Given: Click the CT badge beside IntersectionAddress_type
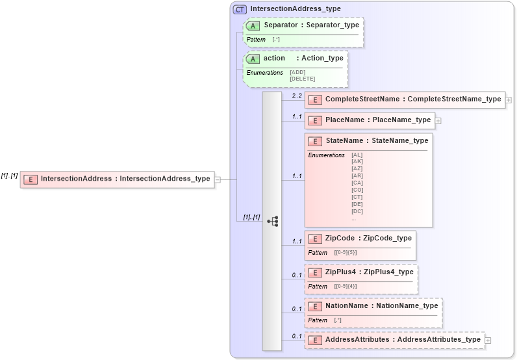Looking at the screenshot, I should (240, 9).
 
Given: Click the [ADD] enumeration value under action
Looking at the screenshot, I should (297, 72).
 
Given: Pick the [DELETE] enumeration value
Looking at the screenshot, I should (302, 79).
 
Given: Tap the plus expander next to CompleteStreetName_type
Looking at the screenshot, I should (509, 100).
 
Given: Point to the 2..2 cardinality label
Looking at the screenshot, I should (297, 96).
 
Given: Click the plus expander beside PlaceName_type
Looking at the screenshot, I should (438, 120).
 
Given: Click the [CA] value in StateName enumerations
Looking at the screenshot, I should (357, 183).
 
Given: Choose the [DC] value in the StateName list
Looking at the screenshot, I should (357, 211).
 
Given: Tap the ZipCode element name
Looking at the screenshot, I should (340, 238).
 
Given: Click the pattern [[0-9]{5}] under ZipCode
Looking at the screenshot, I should (346, 252).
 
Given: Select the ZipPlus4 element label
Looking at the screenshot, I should (342, 272).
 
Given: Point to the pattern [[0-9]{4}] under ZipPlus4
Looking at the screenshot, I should (346, 286).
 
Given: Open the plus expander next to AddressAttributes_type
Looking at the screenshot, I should (488, 340).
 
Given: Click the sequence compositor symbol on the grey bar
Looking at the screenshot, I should (272, 221).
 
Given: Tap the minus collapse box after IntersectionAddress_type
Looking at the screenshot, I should (218, 179).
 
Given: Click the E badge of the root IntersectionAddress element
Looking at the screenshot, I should (31, 179).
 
